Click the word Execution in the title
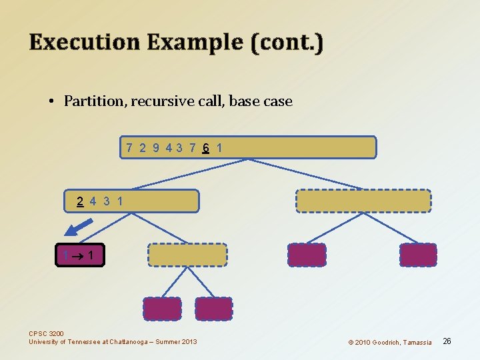[84, 42]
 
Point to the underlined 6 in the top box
[207, 147]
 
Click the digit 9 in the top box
[156, 147]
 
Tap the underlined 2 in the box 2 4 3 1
[80, 201]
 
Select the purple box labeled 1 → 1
[81, 255]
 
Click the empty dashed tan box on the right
[363, 201]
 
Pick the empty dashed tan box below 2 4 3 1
[187, 255]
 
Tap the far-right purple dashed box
[418, 255]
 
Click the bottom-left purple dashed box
[162, 309]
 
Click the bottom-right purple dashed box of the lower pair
[214, 309]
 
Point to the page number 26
[447, 341]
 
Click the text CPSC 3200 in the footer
[46, 334]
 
